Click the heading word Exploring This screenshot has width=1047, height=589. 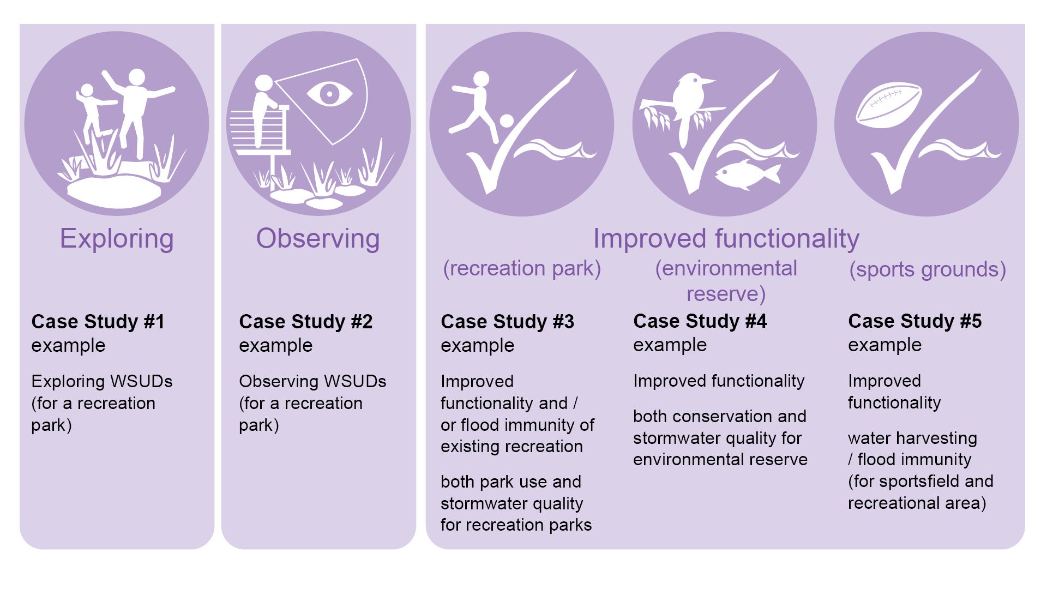point(117,239)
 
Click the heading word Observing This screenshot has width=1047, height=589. point(318,239)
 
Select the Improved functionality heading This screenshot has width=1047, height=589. point(726,239)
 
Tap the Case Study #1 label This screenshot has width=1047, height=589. point(98,322)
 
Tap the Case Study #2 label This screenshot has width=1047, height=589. point(306,322)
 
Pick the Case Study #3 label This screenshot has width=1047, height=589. point(508,322)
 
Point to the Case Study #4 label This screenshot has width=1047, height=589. point(700,321)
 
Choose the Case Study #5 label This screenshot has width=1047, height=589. point(915,321)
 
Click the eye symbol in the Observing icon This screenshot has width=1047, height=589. point(329,94)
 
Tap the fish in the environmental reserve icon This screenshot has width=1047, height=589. point(747,174)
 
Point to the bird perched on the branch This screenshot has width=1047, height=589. point(688,104)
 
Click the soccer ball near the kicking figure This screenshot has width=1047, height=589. point(507,121)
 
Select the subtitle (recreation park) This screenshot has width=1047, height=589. point(522,268)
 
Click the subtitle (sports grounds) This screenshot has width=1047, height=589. point(928,269)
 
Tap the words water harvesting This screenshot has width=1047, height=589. point(912,438)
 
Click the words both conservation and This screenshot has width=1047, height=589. point(720,416)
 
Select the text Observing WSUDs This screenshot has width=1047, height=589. point(312,381)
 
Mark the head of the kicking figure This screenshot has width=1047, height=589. point(481,79)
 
